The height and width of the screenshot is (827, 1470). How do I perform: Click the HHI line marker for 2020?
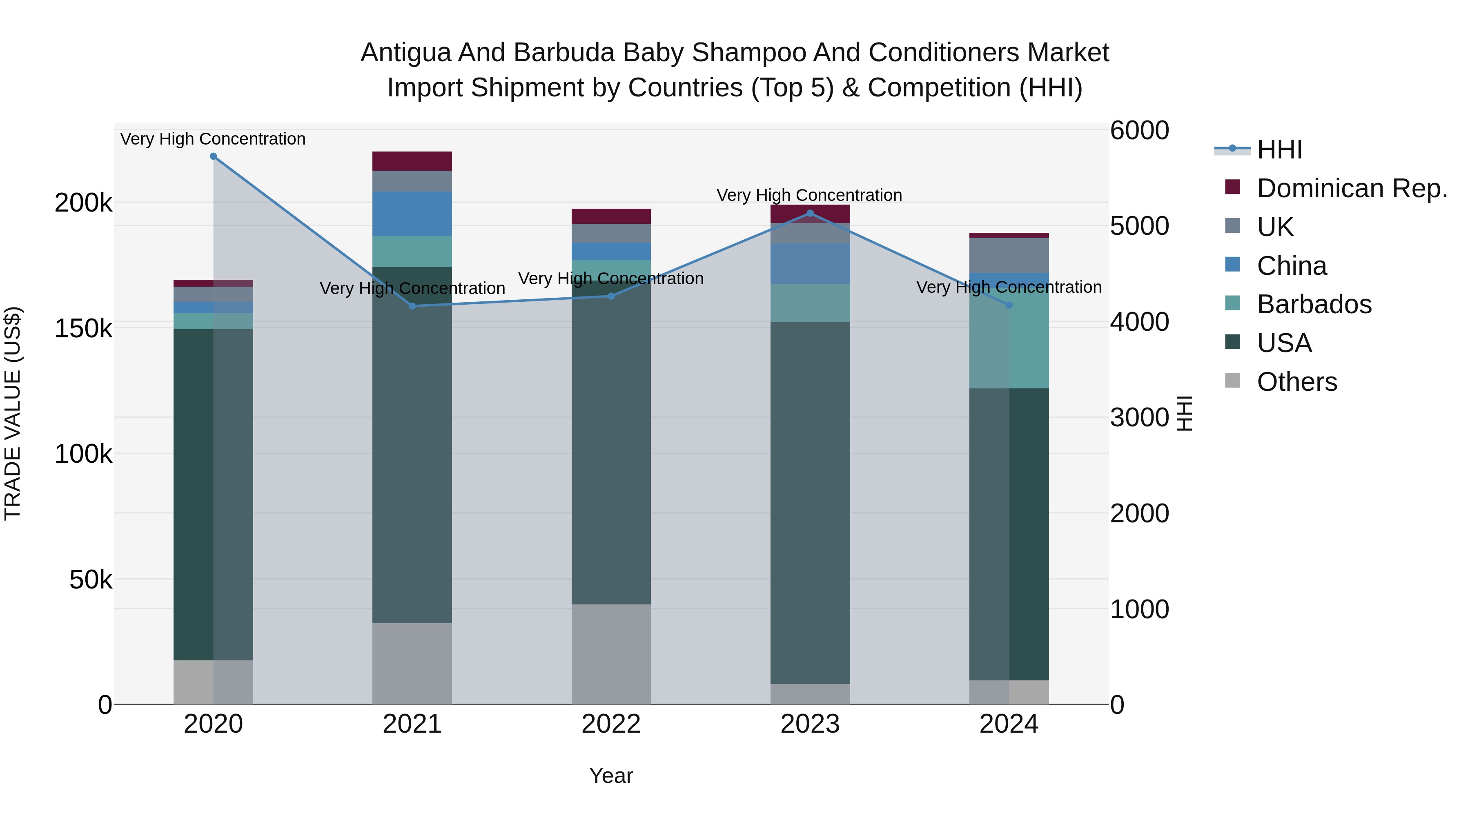[214, 156]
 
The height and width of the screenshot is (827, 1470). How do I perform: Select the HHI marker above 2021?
[412, 306]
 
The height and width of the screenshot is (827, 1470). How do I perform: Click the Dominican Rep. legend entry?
[1351, 188]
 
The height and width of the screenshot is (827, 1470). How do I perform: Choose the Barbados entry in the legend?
[1314, 304]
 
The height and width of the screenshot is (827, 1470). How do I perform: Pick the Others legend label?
[1296, 382]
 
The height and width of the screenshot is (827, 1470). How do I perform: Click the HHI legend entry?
[1279, 149]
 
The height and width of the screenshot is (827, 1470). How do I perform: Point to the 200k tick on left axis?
[83, 203]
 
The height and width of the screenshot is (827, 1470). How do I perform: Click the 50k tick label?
[90, 580]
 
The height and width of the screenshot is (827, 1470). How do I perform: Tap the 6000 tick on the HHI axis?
[1139, 130]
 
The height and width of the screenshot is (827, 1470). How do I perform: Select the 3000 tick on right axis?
[1139, 417]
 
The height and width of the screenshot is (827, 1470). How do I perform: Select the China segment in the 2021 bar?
[412, 214]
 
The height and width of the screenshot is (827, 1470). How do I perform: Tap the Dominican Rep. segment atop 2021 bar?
[412, 161]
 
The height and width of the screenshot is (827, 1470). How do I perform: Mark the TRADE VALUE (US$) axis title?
[13, 413]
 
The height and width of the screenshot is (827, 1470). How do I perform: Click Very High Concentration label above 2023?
[809, 195]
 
